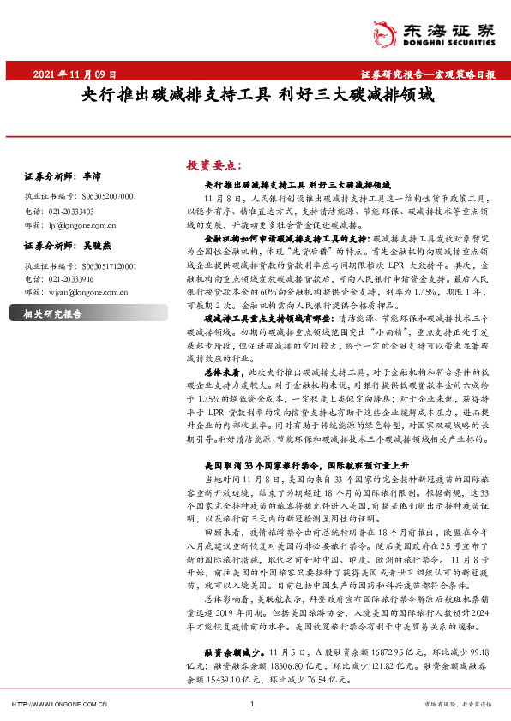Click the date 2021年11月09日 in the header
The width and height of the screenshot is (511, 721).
(x=74, y=75)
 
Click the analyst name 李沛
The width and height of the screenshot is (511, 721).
(x=90, y=176)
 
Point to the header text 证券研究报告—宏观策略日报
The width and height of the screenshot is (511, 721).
(x=421, y=75)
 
